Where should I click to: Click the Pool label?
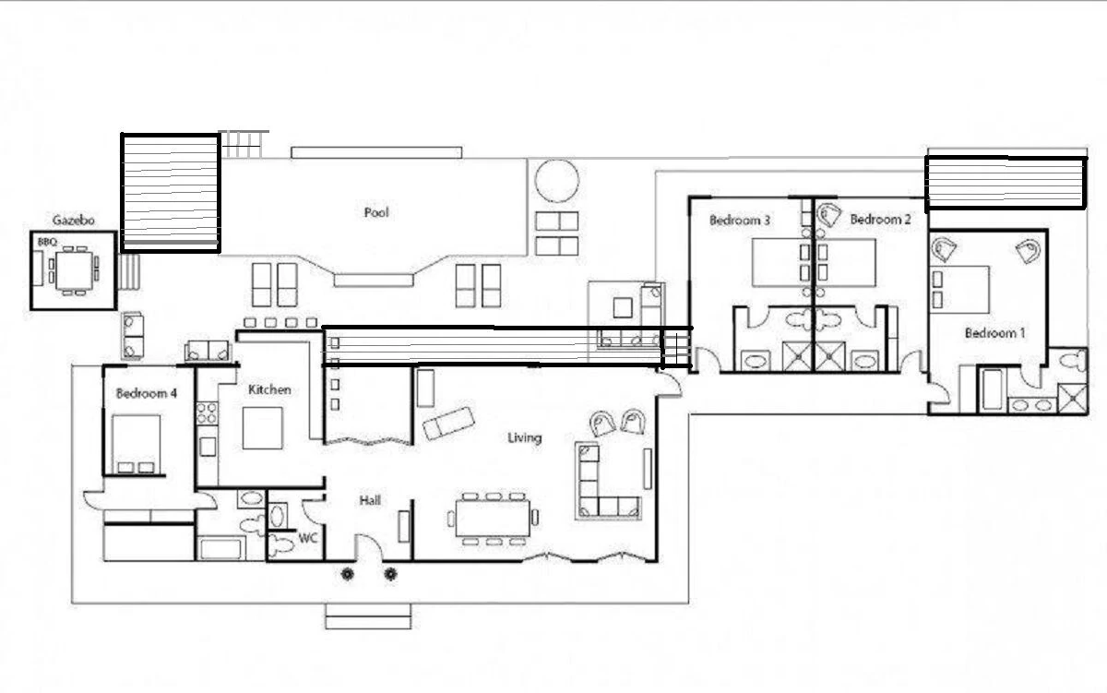(376, 212)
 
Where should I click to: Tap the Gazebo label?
(74, 220)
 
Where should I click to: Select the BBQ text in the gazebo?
(47, 242)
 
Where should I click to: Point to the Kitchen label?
(269, 389)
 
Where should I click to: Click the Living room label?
(524, 438)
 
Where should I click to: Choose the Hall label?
(370, 500)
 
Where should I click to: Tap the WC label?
(308, 538)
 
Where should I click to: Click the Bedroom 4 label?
(147, 393)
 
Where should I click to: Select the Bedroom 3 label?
(740, 220)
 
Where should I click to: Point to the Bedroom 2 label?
(880, 219)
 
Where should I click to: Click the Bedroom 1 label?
(994, 333)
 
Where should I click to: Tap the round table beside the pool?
(557, 181)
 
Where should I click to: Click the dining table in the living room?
(493, 518)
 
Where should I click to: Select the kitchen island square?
(262, 428)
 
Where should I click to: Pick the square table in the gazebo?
(74, 271)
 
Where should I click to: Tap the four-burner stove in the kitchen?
(207, 413)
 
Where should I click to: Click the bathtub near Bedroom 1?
(993, 390)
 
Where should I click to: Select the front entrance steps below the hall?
(368, 617)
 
